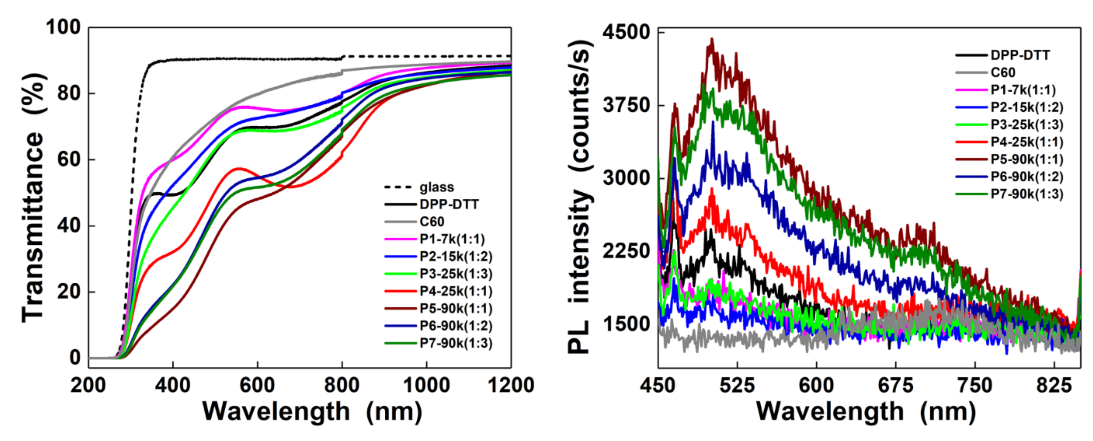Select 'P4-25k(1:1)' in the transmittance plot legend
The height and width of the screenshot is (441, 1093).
(x=456, y=291)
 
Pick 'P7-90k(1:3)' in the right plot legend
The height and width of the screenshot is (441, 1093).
(x=1027, y=194)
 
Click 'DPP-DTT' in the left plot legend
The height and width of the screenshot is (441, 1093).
(x=449, y=204)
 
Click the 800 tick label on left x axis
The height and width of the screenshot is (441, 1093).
(x=342, y=385)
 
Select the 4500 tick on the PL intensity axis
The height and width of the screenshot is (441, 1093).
(x=626, y=32)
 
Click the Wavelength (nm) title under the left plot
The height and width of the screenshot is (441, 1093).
(x=312, y=411)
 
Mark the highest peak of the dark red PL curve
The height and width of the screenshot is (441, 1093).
(x=712, y=39)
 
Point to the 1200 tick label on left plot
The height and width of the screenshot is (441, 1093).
(x=510, y=385)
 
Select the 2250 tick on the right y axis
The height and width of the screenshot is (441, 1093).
(x=626, y=251)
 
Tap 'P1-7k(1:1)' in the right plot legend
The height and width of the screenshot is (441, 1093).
(x=1023, y=90)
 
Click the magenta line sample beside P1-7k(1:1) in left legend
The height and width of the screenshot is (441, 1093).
(x=400, y=239)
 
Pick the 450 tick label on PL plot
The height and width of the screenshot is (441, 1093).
(x=658, y=385)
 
